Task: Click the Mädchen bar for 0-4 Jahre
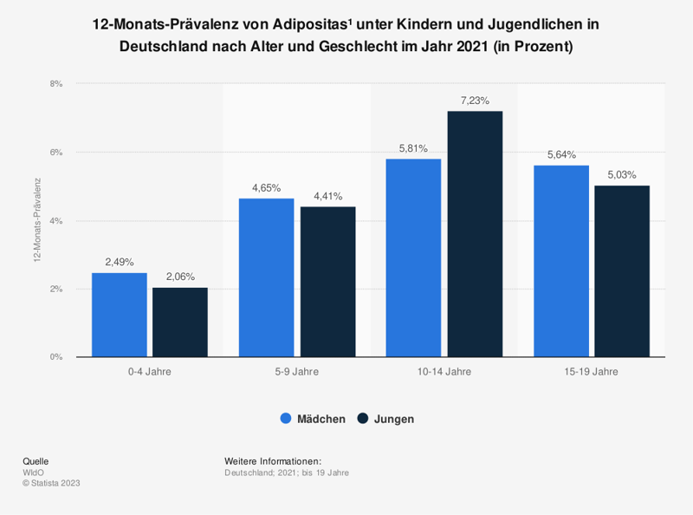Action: pos(119,315)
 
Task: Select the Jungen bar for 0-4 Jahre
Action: pos(179,323)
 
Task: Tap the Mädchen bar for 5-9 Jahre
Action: pos(266,277)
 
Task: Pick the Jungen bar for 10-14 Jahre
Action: pos(475,234)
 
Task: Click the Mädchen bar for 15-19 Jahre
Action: pos(561,261)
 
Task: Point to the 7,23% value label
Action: pos(475,101)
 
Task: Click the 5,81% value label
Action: pos(413,148)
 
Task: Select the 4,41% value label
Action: pos(327,196)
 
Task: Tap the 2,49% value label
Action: pos(119,262)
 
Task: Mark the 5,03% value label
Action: pos(622,175)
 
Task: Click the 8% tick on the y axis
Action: pos(57,84)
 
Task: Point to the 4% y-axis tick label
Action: pos(57,221)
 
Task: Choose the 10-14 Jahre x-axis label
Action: pos(444,372)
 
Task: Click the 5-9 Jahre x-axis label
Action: pos(296,372)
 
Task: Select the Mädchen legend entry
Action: pos(313,419)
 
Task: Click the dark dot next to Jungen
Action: pos(363,419)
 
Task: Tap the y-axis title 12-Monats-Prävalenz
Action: pos(37,221)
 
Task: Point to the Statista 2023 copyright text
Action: pos(51,483)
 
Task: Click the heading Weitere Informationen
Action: pos(273,461)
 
